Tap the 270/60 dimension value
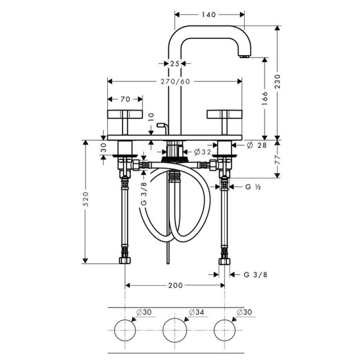coord(175,81)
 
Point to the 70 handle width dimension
coord(125,99)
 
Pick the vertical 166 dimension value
coord(265,98)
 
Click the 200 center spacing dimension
coord(174,285)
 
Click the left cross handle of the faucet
coord(125,115)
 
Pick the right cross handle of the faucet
coord(224,115)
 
